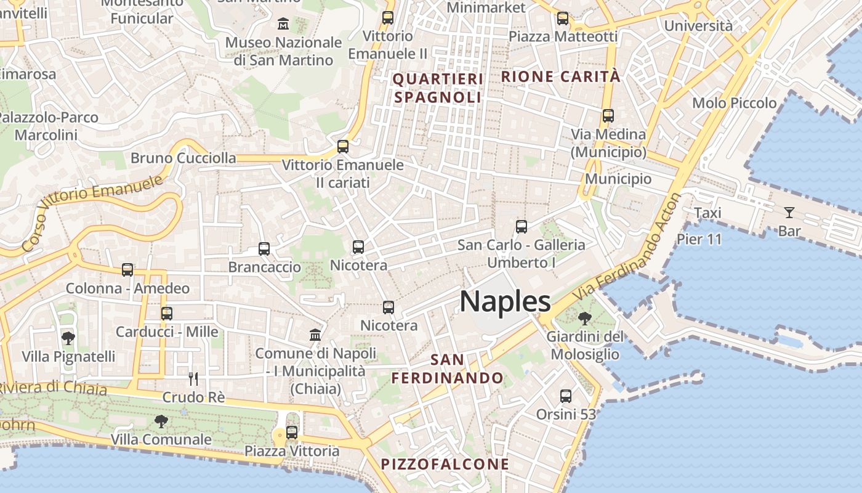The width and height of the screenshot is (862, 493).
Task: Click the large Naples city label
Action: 505,301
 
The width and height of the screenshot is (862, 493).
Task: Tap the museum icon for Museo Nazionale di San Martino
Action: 283,24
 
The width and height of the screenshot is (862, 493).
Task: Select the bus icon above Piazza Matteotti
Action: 562,18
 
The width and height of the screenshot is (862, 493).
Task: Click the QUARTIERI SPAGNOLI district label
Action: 438,88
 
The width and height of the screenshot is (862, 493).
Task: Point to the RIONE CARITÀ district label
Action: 561,76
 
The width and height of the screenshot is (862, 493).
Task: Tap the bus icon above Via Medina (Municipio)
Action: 608,115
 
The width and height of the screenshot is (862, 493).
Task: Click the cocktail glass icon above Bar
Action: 789,213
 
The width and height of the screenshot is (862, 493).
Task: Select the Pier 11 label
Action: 699,239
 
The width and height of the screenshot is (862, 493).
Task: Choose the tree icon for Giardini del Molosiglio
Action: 584,319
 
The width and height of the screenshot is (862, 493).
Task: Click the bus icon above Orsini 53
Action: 566,396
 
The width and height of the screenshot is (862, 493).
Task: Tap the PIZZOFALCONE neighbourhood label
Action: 445,464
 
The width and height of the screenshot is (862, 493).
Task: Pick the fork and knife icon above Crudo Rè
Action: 193,378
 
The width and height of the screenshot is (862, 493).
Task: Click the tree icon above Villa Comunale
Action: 161,422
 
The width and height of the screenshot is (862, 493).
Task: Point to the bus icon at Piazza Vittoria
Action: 292,433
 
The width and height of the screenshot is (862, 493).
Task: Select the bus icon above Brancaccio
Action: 264,249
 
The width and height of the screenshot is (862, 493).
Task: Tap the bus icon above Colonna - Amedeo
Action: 127,270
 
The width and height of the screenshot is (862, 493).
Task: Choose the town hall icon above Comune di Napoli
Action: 315,335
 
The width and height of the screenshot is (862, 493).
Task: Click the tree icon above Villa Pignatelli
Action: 68,338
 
